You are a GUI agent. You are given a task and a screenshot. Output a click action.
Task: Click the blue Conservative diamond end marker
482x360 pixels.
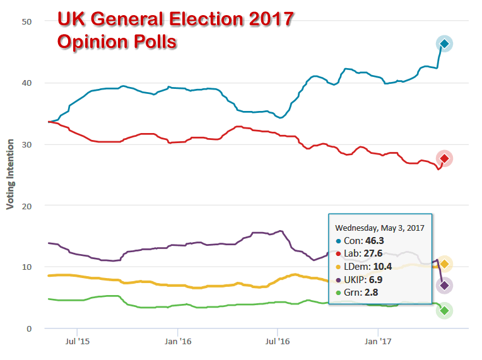click(x=444, y=44)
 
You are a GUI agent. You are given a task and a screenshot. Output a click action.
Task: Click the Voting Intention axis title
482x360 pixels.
click(x=10, y=175)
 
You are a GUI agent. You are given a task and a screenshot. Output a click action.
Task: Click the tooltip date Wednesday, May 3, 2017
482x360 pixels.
click(x=379, y=227)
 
